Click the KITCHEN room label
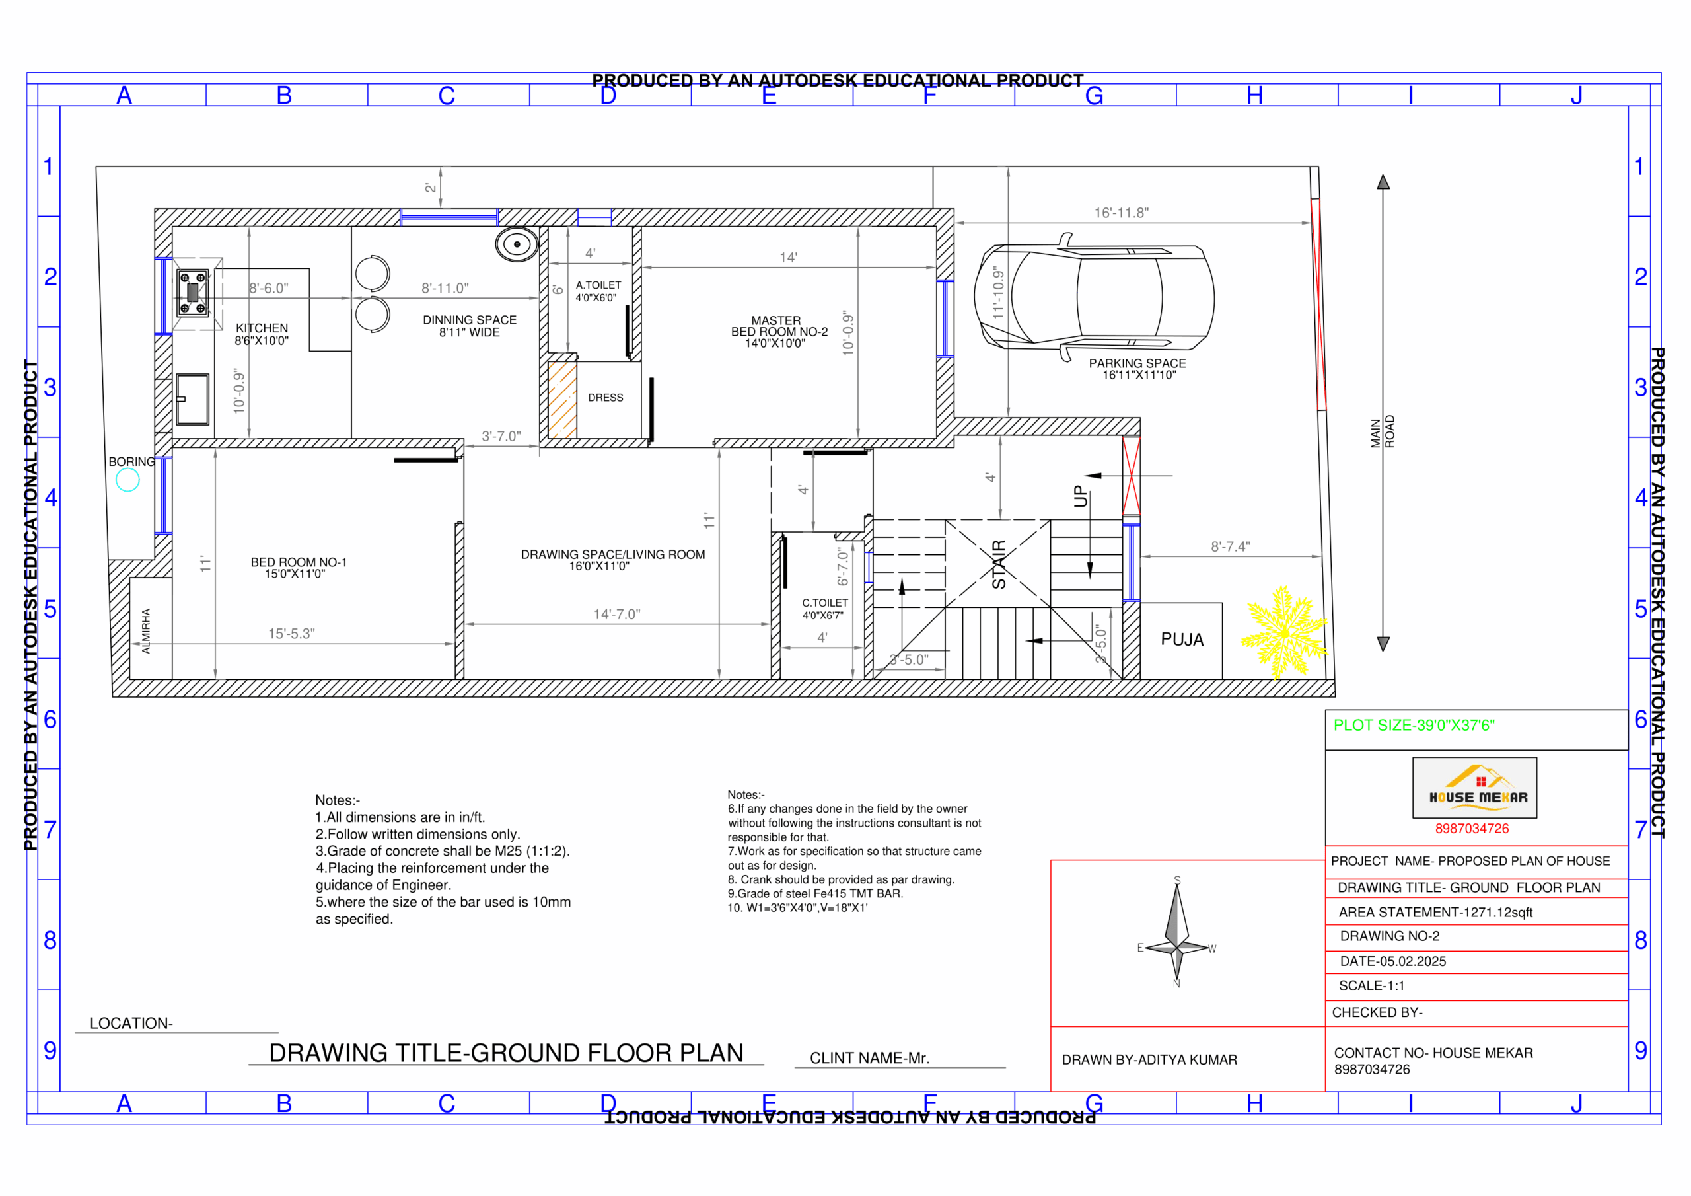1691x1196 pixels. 262,334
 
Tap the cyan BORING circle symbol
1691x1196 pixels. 127,480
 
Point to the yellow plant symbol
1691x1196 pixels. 1283,632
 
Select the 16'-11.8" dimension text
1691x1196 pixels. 1121,213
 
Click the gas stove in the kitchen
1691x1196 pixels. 192,293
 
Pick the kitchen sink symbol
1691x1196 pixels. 192,398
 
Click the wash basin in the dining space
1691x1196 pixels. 517,244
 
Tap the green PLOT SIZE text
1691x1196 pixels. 1414,725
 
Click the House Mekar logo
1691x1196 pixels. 1474,787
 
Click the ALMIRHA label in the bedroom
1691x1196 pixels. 146,630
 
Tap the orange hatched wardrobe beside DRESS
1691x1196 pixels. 562,398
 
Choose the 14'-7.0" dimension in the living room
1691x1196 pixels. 616,614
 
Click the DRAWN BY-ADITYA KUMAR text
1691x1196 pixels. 1149,1059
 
